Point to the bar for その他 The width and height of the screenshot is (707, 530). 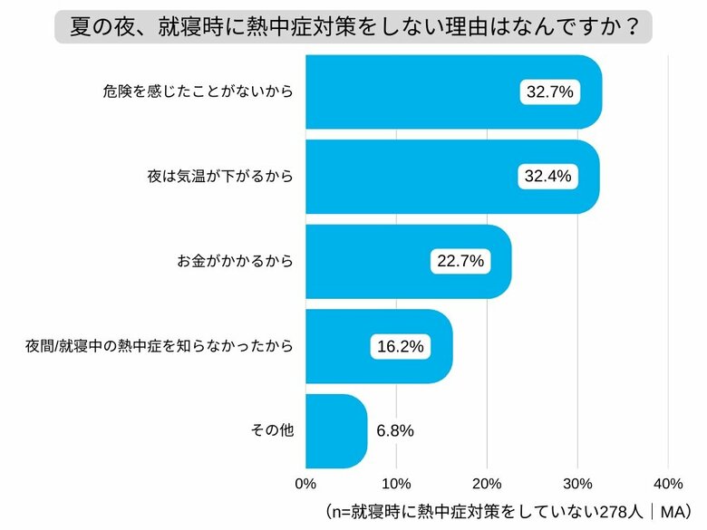[x=335, y=430]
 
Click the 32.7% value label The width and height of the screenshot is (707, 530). [x=549, y=92]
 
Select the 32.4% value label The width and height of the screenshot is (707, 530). [x=547, y=177]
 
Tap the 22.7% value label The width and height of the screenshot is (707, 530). [x=460, y=262]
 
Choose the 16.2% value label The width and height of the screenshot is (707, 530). [x=399, y=346]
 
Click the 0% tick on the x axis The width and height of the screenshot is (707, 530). [x=306, y=481]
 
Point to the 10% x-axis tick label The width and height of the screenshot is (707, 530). [x=396, y=481]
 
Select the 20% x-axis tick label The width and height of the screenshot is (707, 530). [x=487, y=481]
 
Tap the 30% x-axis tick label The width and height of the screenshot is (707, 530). [x=577, y=481]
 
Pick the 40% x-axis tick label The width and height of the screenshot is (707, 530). [x=668, y=481]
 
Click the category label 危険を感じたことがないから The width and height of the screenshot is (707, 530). [x=199, y=92]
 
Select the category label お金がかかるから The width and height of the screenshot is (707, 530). [x=235, y=262]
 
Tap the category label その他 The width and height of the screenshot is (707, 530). [x=272, y=431]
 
